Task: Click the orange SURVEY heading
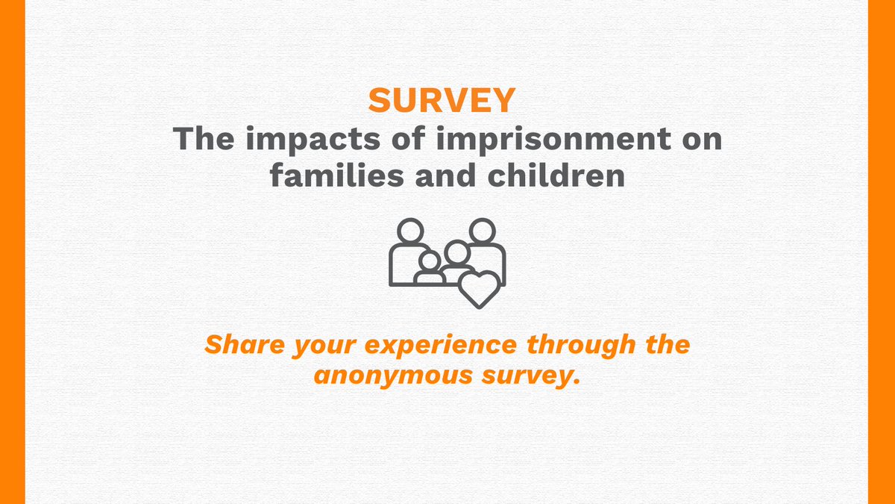(x=442, y=101)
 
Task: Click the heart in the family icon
(x=478, y=288)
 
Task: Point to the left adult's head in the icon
(x=409, y=231)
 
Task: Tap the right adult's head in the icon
(x=483, y=231)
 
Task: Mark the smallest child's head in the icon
(x=430, y=261)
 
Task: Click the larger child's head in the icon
(x=456, y=253)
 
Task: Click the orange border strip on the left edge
(x=13, y=252)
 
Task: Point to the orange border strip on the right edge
(x=882, y=252)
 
